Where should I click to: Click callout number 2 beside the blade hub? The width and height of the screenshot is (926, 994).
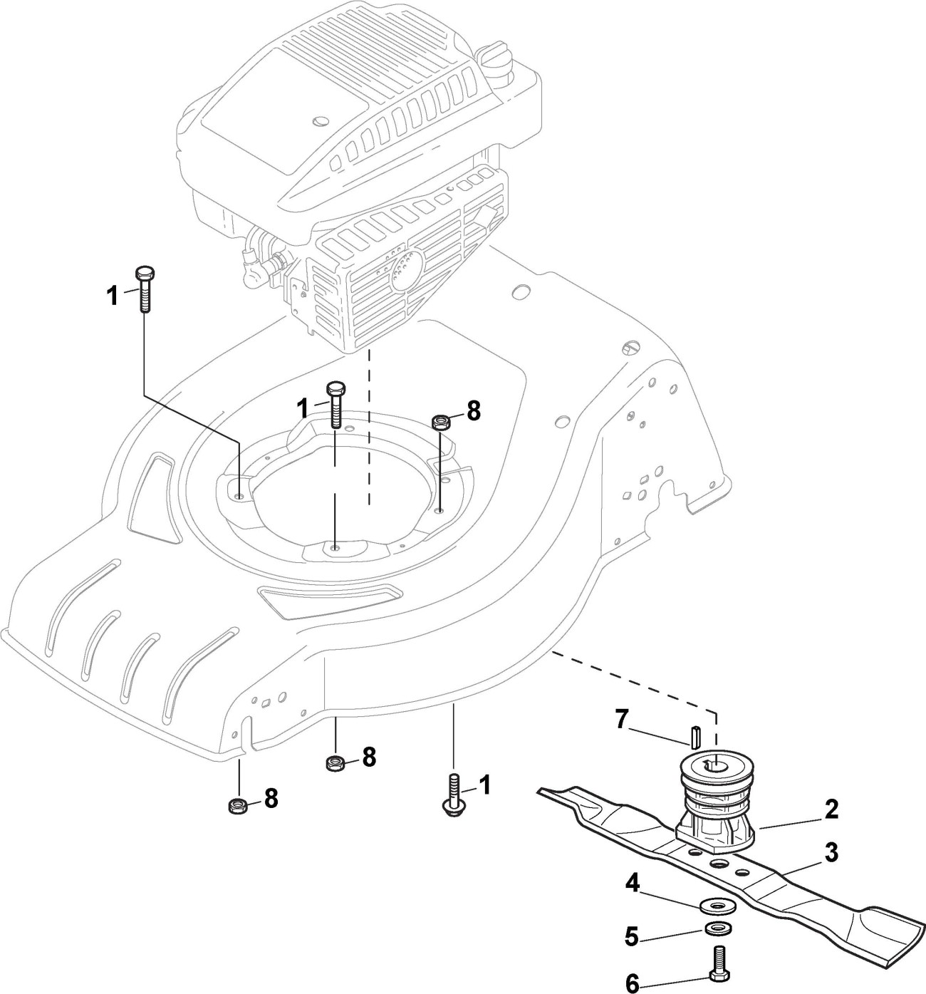(831, 809)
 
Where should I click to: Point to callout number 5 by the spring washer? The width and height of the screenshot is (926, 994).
(633, 936)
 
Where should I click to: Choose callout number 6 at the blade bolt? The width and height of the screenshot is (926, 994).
(633, 985)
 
